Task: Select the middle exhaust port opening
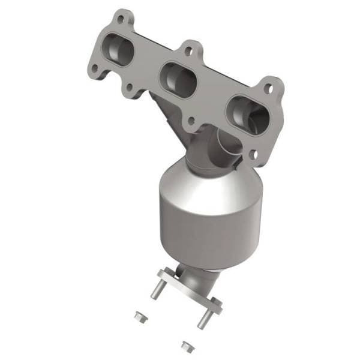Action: click(x=178, y=79)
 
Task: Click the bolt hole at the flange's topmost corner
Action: click(x=122, y=19)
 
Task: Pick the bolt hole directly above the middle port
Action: click(x=191, y=52)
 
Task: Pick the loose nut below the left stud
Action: click(x=140, y=315)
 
